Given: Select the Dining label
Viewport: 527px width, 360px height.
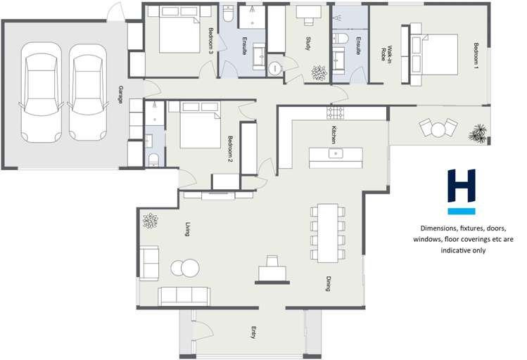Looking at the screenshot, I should coord(328,283).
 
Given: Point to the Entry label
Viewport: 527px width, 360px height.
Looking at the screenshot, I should coord(253,333).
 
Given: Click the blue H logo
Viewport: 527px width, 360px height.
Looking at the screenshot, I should coord(462,191).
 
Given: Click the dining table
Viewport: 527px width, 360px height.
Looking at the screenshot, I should coord(328,232).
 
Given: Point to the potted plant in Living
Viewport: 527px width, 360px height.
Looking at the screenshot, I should coord(150,221).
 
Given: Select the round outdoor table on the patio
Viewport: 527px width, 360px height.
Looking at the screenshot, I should coord(439,129).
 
